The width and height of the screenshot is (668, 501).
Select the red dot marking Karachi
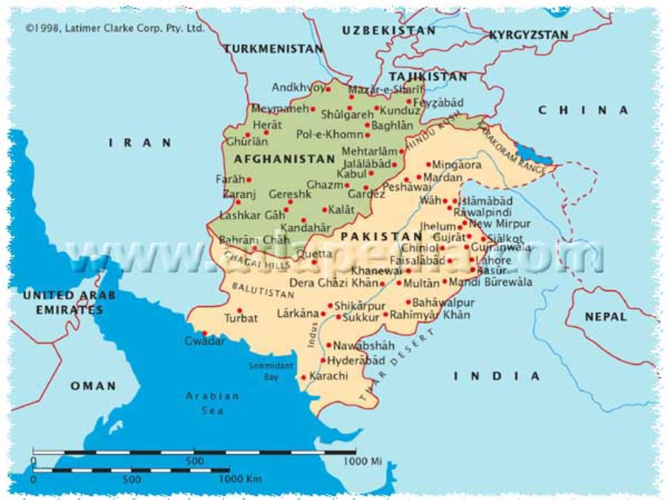tap(304, 377)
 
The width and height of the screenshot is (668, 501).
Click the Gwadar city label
tap(205, 341)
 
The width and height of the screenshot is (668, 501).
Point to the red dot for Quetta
tap(314, 262)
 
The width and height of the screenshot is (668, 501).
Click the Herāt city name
tap(267, 125)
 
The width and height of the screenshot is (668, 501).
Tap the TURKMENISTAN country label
tap(273, 48)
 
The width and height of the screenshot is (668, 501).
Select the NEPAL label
tap(606, 316)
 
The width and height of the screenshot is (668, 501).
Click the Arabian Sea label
tap(212, 402)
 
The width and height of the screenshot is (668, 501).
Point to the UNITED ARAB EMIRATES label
tap(69, 302)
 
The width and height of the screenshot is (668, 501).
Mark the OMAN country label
tap(94, 385)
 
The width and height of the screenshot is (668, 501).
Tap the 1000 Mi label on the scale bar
tap(362, 461)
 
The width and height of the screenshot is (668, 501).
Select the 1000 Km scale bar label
tap(240, 480)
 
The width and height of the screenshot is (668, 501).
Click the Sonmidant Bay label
tap(271, 371)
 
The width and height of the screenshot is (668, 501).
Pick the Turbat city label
tap(241, 319)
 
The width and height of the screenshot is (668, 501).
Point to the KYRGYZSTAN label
tap(528, 35)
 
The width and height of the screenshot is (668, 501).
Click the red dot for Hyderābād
tap(324, 360)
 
